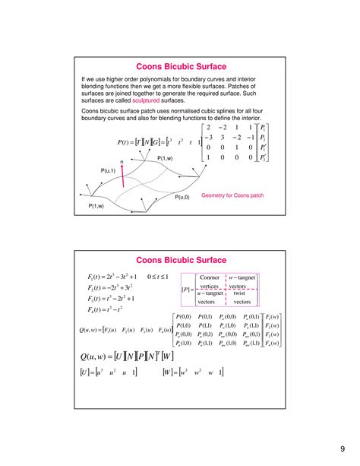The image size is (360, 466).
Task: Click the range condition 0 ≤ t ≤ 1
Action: pyautogui.click(x=162, y=277)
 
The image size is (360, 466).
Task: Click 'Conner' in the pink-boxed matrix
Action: pyautogui.click(x=209, y=277)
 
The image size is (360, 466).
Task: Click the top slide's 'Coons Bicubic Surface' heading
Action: pyautogui.click(x=179, y=66)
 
